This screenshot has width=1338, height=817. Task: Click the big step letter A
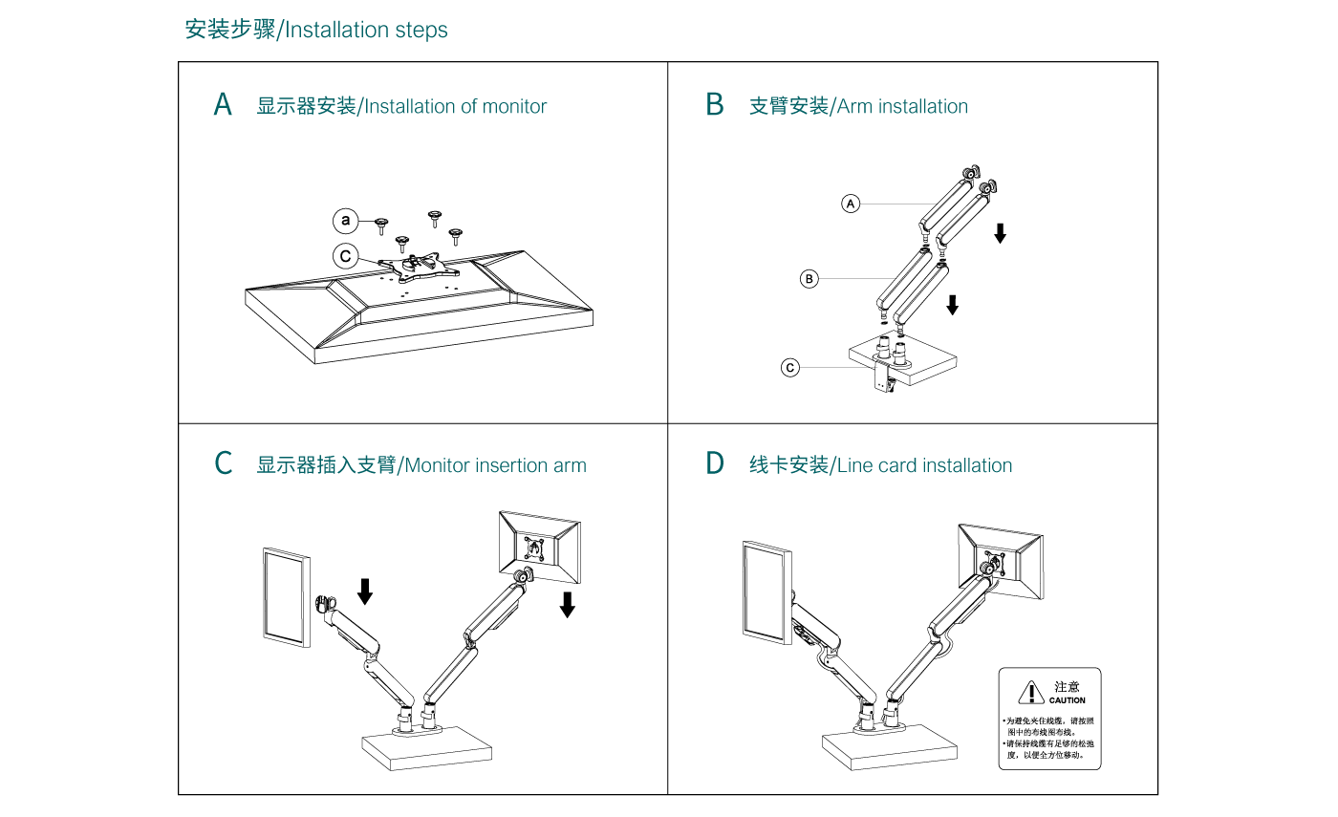pos(223,105)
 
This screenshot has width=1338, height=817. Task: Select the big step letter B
pos(715,105)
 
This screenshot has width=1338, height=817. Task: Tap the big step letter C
pos(224,464)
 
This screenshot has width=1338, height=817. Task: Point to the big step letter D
pos(715,464)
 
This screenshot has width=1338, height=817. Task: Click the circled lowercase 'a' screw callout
pos(346,221)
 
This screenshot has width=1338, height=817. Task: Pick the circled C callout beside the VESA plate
pos(346,256)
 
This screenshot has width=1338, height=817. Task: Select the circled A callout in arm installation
pos(851,203)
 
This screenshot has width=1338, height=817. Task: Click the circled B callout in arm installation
pos(809,279)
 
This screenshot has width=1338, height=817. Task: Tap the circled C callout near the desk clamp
pos(789,368)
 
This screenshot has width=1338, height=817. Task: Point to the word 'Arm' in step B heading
pos(854,106)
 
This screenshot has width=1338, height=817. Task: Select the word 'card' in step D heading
pos(897,465)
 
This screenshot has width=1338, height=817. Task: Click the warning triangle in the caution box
pos(1030,692)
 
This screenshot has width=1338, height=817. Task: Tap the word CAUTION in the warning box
pos(1068,700)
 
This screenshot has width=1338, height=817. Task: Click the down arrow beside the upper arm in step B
pos(1000,232)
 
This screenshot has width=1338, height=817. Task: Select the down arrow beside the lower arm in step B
pos(952,305)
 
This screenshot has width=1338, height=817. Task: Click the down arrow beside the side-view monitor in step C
pos(364,591)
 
